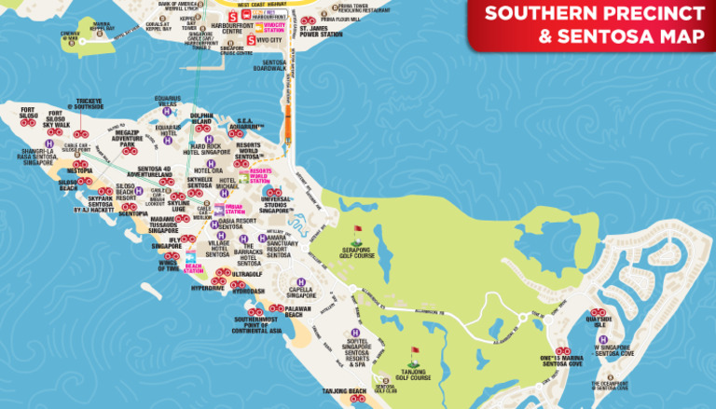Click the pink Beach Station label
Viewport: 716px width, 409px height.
pyautogui.click(x=193, y=268)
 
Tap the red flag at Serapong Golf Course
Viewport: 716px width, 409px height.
pyautogui.click(x=356, y=229)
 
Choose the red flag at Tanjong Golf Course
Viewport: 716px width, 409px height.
pyautogui.click(x=414, y=353)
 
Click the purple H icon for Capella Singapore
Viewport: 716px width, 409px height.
pyautogui.click(x=300, y=283)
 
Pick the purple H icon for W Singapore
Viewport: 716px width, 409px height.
pyautogui.click(x=603, y=340)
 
